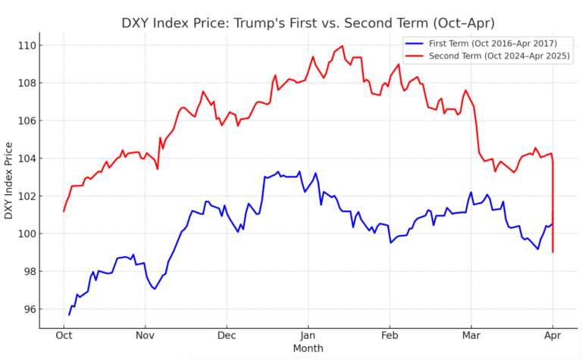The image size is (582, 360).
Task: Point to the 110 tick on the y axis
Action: pos(26,45)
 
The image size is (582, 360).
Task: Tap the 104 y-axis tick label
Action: pos(26,158)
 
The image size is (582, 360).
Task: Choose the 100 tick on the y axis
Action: pos(26,233)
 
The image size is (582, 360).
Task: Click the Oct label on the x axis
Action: pos(64,334)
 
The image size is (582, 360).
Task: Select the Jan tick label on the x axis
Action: pos(308,334)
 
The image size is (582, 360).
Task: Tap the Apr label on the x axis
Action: pos(552,334)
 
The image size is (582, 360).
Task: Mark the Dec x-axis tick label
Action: pos(227,334)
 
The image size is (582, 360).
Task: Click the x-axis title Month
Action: pos(308,348)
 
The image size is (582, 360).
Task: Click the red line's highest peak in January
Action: pos(343,45)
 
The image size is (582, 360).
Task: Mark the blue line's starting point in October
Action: pos(69,315)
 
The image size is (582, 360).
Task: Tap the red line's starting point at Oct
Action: pos(64,211)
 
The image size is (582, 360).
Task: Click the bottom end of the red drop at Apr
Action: pos(553,252)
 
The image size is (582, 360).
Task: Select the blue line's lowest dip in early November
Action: pos(154,289)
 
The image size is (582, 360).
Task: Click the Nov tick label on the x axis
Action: pos(145,334)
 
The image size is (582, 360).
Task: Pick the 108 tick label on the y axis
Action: pos(26,83)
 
